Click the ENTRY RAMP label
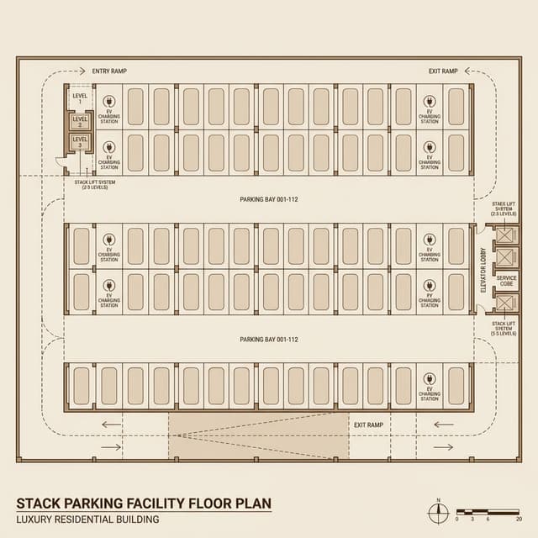tap(110, 71)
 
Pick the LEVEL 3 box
tap(80, 142)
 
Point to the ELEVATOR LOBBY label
tap(483, 269)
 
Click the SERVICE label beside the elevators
tap(507, 277)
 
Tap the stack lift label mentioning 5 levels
tap(504, 328)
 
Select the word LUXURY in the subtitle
tap(37, 520)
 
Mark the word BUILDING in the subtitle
tap(135, 520)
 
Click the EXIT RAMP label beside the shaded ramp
tap(368, 425)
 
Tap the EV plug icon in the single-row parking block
tap(429, 379)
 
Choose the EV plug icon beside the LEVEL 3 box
tap(108, 147)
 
